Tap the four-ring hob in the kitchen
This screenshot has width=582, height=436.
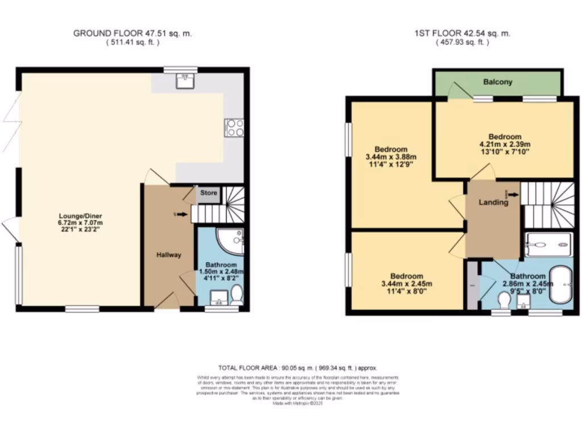click(x=235, y=128)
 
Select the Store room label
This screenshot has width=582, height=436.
click(x=209, y=194)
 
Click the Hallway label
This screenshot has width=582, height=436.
click(x=169, y=255)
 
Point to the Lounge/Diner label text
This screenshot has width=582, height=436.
click(x=79, y=215)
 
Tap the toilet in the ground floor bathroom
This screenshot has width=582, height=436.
click(x=237, y=295)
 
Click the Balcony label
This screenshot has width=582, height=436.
click(x=498, y=82)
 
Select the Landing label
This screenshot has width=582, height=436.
click(x=493, y=202)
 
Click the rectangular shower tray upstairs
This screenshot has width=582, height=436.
click(x=548, y=244)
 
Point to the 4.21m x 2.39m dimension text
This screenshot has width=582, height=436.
click(x=505, y=145)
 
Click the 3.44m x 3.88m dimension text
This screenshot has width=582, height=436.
click(x=391, y=157)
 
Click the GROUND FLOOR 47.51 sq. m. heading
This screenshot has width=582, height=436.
click(x=132, y=33)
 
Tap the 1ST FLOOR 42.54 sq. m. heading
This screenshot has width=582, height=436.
click(x=462, y=33)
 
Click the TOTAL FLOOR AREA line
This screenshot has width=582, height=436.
click(x=298, y=368)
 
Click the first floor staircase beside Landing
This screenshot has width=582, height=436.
click(x=549, y=204)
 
